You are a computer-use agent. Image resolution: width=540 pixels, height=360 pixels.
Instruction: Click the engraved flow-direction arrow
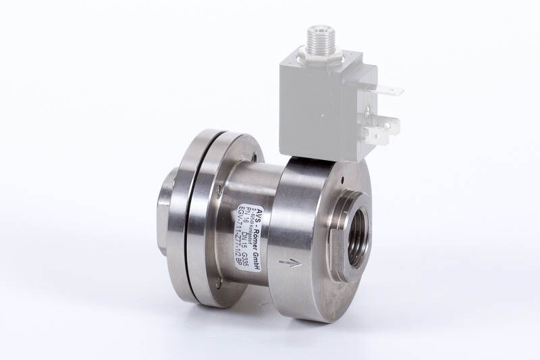[x=290, y=263]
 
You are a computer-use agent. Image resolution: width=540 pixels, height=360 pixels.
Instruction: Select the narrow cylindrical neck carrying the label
[x=250, y=223]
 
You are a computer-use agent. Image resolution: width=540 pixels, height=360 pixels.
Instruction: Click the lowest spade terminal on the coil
[x=379, y=138]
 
